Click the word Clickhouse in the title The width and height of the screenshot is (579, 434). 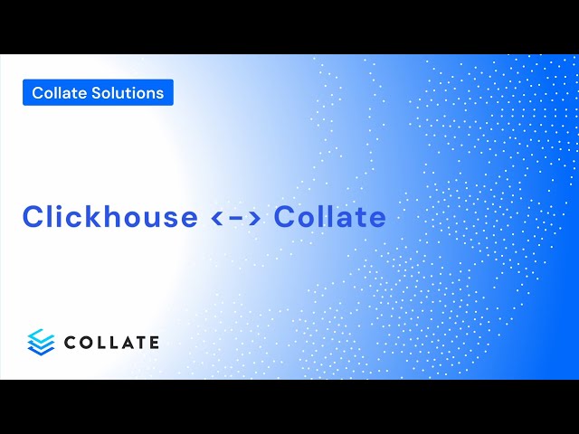109,217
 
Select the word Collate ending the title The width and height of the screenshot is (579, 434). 330,217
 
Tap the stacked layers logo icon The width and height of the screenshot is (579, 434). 41,341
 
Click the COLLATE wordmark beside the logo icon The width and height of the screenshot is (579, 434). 111,342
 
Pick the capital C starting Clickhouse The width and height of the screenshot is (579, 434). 34,217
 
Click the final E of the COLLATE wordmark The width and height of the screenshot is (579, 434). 153,342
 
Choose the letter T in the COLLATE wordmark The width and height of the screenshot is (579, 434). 139,342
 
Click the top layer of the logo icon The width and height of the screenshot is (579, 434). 41,335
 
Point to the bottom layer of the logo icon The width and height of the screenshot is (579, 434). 41,349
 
